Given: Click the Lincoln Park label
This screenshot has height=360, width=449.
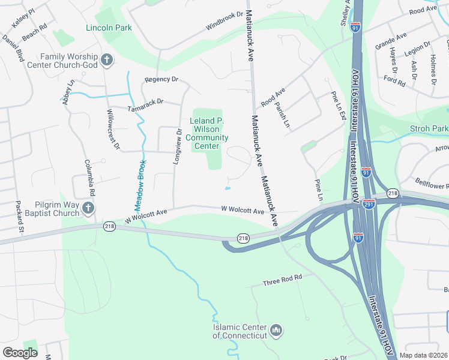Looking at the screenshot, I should [109, 28].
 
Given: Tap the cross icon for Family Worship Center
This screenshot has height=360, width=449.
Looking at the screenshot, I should [107, 59].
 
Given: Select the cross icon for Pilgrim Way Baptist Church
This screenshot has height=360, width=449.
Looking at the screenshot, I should [88, 208].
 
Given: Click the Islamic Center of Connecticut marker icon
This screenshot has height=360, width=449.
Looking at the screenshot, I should [276, 330].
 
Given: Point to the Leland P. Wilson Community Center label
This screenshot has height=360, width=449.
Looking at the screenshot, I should [206, 133].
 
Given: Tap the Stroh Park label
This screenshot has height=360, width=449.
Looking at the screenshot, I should [429, 129].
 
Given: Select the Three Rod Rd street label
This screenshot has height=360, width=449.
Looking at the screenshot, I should [282, 280].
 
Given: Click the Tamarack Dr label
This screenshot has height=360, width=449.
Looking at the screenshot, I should [146, 105].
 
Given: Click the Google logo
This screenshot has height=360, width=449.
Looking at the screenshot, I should [20, 352].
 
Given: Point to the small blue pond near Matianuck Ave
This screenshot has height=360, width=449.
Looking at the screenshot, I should [228, 189].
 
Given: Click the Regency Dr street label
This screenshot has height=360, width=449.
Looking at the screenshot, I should [161, 79].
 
